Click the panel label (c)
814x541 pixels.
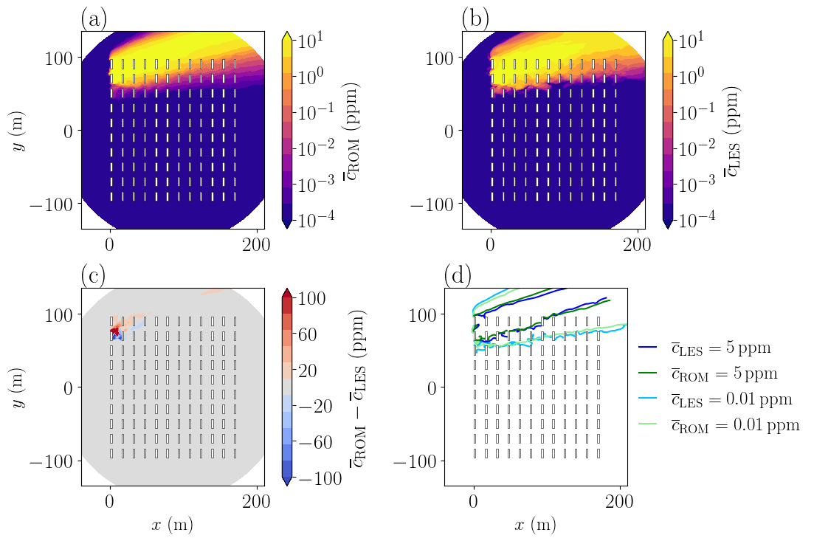93,275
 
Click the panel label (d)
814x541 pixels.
458,275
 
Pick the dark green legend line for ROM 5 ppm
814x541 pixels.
648,373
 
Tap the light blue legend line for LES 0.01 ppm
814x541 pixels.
648,399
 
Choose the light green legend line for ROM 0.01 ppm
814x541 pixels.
648,425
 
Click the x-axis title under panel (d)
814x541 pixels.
535,525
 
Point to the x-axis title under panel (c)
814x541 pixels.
172,525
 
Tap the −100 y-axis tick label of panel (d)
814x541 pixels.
415,461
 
